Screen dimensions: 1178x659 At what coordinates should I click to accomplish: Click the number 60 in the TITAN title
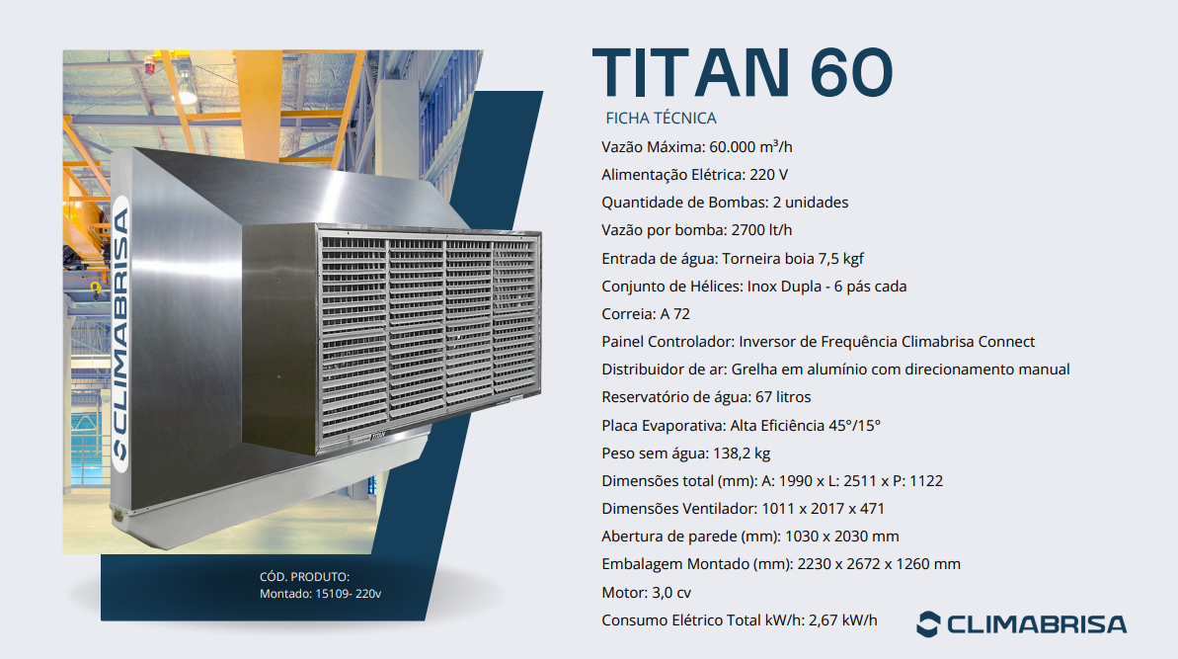[851, 73]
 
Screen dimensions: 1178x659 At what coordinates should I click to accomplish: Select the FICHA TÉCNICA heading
[662, 118]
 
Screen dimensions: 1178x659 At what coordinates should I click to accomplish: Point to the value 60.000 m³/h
[750, 146]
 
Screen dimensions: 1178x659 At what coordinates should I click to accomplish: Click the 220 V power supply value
[768, 174]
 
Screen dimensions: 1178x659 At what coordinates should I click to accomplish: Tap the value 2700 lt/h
[761, 230]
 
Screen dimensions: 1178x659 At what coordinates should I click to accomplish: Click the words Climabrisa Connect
[968, 342]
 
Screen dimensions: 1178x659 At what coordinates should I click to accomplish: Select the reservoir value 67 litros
[783, 397]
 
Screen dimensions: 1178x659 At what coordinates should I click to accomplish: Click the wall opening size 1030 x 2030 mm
[841, 536]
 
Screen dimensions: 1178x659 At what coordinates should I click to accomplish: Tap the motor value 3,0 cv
[670, 593]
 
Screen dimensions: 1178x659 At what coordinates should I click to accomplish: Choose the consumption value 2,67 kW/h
[843, 620]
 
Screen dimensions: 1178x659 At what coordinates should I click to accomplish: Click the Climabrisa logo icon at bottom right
[928, 624]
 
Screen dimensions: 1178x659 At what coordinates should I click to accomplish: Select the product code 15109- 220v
[348, 594]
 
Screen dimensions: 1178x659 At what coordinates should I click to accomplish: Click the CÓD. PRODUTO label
[304, 577]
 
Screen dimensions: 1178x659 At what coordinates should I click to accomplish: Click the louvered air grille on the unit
[429, 336]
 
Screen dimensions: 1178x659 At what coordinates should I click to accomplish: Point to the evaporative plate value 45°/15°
[854, 425]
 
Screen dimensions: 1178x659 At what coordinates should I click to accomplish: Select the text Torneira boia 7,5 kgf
[793, 259]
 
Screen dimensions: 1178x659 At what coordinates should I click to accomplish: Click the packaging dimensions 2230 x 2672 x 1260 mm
[879, 564]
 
